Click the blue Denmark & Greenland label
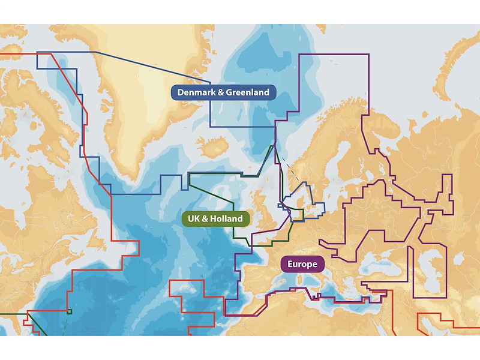(x=224, y=92)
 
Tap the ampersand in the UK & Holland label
(x=205, y=218)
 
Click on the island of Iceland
(x=213, y=146)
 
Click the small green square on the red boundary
(x=70, y=311)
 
